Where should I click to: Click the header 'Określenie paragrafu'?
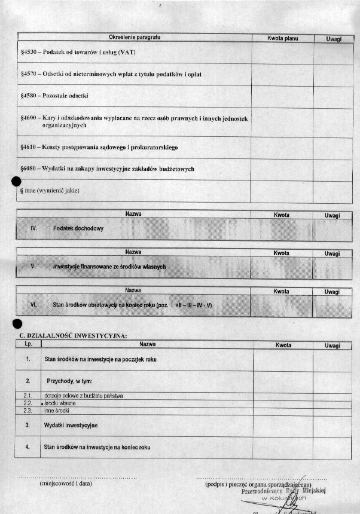[x=135, y=38]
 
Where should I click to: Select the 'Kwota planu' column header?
[x=282, y=38]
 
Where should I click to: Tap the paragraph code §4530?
[x=29, y=53]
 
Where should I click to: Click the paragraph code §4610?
[x=29, y=147]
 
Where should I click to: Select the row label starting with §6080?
[x=107, y=169]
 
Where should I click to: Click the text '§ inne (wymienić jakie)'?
[x=50, y=191]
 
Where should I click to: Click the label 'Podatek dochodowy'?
[x=78, y=229]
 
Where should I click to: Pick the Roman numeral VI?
[x=33, y=305]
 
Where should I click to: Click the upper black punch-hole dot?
[x=16, y=182]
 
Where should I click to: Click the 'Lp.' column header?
[x=28, y=345]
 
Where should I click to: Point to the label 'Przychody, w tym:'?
[x=69, y=381]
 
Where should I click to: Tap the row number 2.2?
[x=28, y=403]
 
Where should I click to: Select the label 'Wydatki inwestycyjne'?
[x=71, y=425]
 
